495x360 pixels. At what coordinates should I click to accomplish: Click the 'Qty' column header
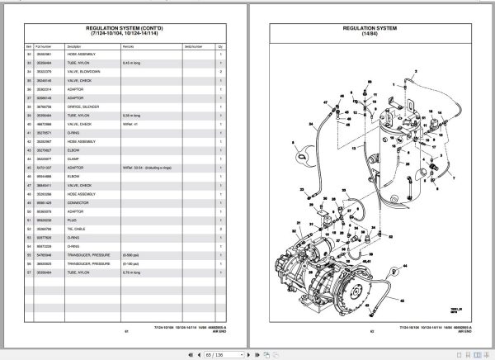[220, 47]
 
